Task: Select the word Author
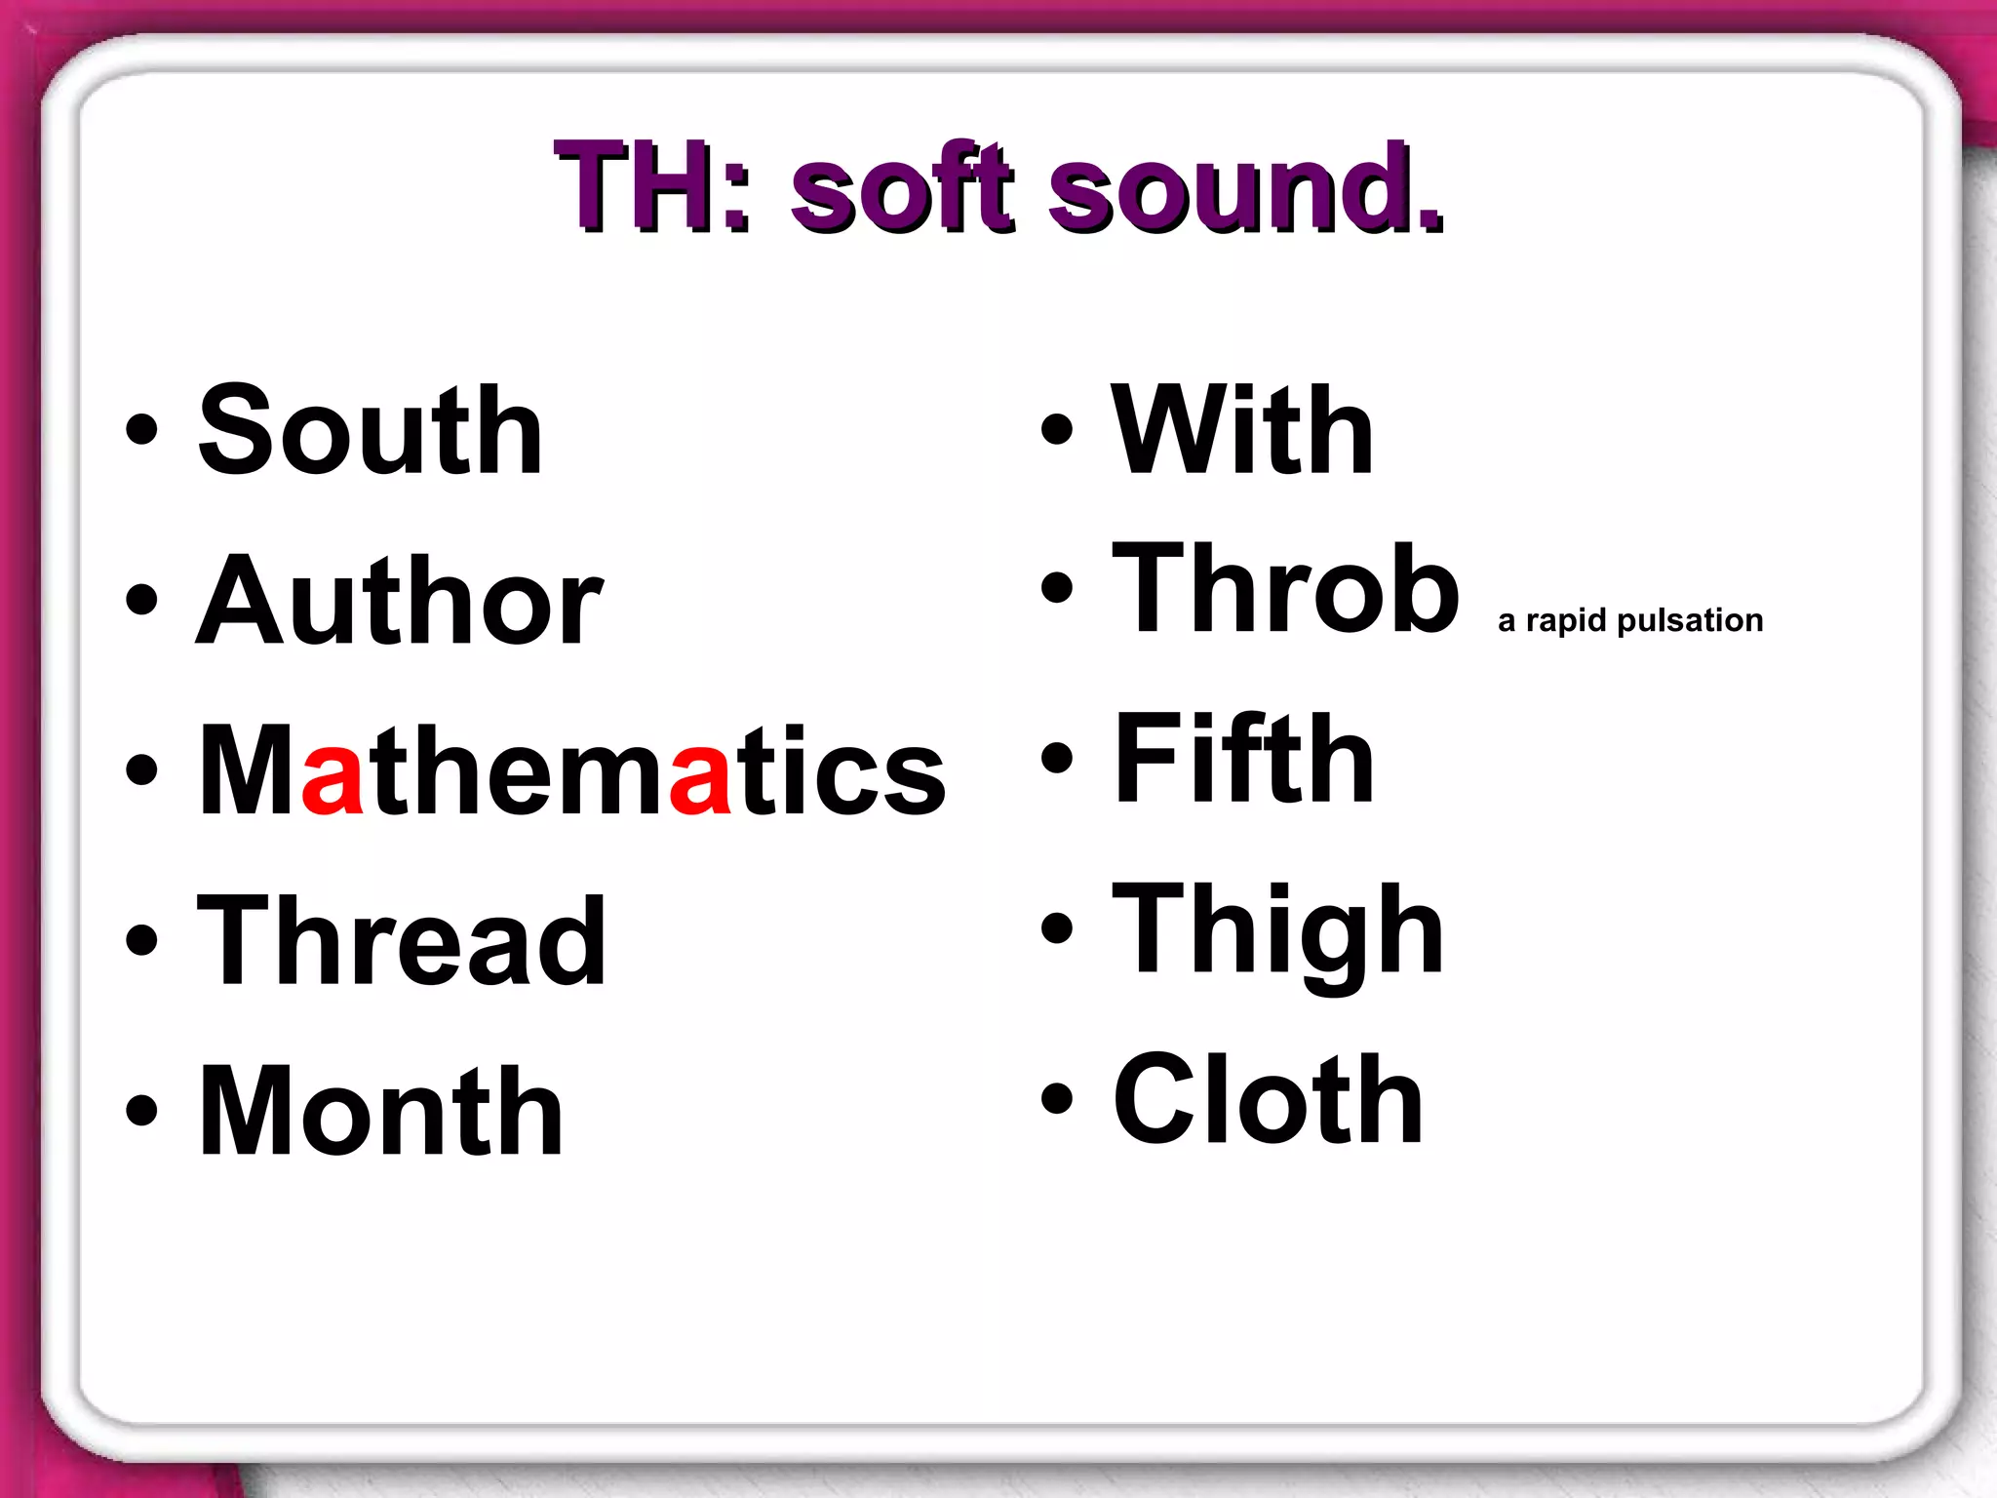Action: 399,601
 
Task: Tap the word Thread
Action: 402,941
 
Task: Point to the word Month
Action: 380,1112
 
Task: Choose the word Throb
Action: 1285,589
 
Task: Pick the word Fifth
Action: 1243,759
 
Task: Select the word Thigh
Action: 1277,928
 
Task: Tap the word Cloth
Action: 1268,1100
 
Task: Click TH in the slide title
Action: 644,187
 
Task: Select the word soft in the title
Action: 902,187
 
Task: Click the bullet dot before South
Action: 142,430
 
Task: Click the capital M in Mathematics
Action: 248,770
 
